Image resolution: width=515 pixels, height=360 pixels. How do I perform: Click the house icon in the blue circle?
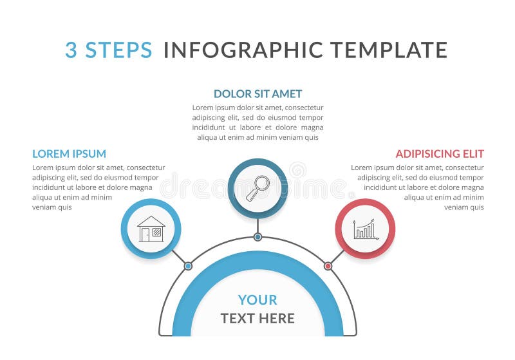coord(151,229)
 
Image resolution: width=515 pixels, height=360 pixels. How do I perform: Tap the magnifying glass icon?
coord(257,187)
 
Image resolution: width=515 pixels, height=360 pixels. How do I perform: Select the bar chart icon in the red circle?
coord(364,229)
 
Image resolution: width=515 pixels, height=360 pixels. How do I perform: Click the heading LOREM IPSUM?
coord(69,154)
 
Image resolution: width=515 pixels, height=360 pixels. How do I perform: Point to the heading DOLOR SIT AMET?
coord(257,94)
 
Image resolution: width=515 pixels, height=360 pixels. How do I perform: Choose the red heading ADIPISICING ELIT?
coord(440,154)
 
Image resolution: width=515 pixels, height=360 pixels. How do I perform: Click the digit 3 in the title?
coord(71,50)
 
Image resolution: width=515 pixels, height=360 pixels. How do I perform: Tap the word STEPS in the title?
coord(119,50)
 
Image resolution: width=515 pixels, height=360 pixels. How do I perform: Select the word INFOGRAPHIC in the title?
coord(243,50)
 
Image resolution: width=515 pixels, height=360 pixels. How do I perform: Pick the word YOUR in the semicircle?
coord(257,299)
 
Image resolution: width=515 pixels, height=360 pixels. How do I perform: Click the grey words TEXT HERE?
coord(257,318)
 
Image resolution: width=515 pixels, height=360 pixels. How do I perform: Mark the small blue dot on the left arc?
coord(188,266)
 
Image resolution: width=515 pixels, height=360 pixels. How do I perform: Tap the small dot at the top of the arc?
coord(257,237)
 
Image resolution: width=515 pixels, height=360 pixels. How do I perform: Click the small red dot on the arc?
coord(328,266)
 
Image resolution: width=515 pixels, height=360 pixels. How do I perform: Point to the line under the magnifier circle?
coord(257,225)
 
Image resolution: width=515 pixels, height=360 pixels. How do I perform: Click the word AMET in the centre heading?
coord(286,94)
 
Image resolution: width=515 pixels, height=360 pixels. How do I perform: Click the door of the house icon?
coord(145,235)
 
